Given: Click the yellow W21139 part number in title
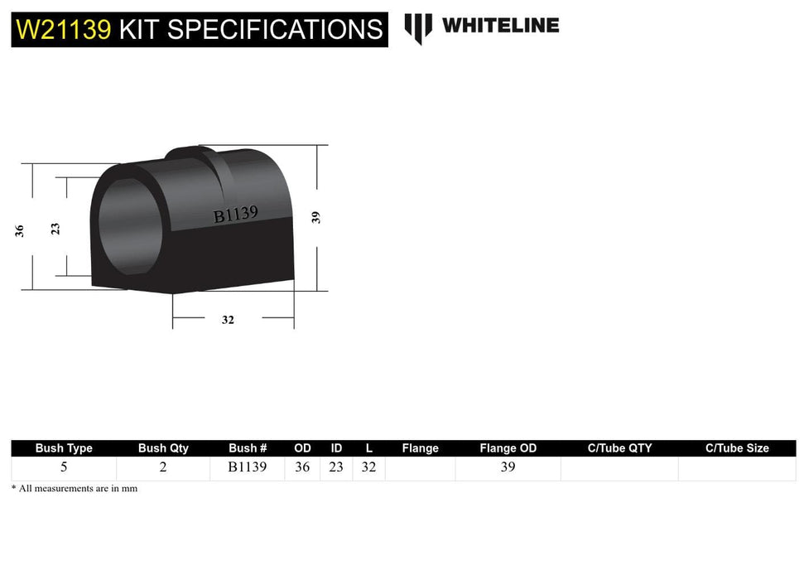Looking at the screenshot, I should point(63,30).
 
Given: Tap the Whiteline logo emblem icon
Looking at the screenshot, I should point(418,28).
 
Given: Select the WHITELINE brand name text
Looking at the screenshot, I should point(500,26).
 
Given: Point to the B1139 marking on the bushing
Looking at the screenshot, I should point(236,215).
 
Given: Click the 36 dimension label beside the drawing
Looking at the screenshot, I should point(20,231).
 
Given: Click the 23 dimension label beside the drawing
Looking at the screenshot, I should point(55,228).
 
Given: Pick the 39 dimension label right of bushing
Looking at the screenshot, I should point(315,217).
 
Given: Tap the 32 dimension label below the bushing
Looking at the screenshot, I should point(228,320).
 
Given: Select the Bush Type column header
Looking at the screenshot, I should point(64,448).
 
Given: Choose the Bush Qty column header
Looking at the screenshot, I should point(163,448).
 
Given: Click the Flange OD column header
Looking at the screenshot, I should point(508,448).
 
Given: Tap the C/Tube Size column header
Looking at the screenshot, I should point(737,448).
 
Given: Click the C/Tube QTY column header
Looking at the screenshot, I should point(619,448).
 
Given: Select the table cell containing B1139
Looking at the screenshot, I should point(248,467).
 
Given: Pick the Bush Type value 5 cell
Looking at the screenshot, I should point(64,467).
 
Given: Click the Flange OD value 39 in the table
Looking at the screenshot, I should point(508,467).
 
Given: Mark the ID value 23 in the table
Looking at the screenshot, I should point(335,467).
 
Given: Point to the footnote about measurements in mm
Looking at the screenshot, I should point(75,489).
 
